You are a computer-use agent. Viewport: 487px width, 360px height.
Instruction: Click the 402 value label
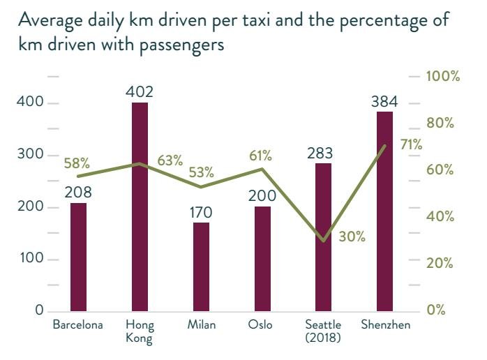(x=140, y=91)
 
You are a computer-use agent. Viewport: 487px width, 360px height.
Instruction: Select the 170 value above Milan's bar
(x=201, y=211)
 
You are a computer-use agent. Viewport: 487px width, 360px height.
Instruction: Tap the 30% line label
(x=352, y=237)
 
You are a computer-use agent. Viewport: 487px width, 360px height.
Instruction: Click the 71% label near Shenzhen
(x=411, y=144)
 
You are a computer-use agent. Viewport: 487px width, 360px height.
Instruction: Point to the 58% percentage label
(x=77, y=163)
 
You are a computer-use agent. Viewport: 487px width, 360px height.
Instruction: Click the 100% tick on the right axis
(x=444, y=76)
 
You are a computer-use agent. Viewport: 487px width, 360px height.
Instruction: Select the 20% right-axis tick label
(x=441, y=263)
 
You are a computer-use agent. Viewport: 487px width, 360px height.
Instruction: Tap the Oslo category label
(x=260, y=324)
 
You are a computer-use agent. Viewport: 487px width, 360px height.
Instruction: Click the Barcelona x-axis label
(x=78, y=324)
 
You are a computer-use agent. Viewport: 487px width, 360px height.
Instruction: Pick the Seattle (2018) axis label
(x=323, y=331)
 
